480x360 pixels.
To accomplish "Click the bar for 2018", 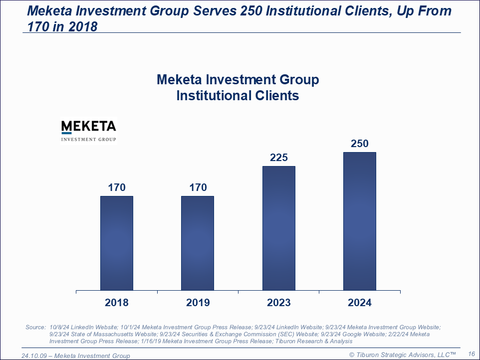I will click(x=117, y=243).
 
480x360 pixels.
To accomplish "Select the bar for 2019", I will click(x=198, y=243).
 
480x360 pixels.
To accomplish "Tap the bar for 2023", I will click(x=279, y=228).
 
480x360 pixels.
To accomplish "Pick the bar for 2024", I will click(x=360, y=221).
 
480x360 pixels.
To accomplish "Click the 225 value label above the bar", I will click(x=279, y=158).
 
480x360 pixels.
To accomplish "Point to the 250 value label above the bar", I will click(x=360, y=144).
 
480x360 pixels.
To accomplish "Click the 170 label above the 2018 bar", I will click(x=117, y=187).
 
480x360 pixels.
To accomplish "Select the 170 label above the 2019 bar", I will click(x=198, y=187).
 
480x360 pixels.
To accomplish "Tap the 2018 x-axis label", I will click(x=117, y=303).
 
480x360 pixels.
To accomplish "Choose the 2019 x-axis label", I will click(x=198, y=303).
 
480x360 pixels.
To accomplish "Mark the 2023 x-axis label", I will click(x=279, y=303).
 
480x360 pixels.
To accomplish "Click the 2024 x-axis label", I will click(x=360, y=303).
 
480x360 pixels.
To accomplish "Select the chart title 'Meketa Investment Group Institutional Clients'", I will click(x=238, y=87).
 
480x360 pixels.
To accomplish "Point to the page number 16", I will click(x=471, y=354).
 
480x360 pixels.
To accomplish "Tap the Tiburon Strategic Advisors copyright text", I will click(x=402, y=355).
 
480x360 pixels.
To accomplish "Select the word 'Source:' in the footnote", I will click(x=35, y=327).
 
